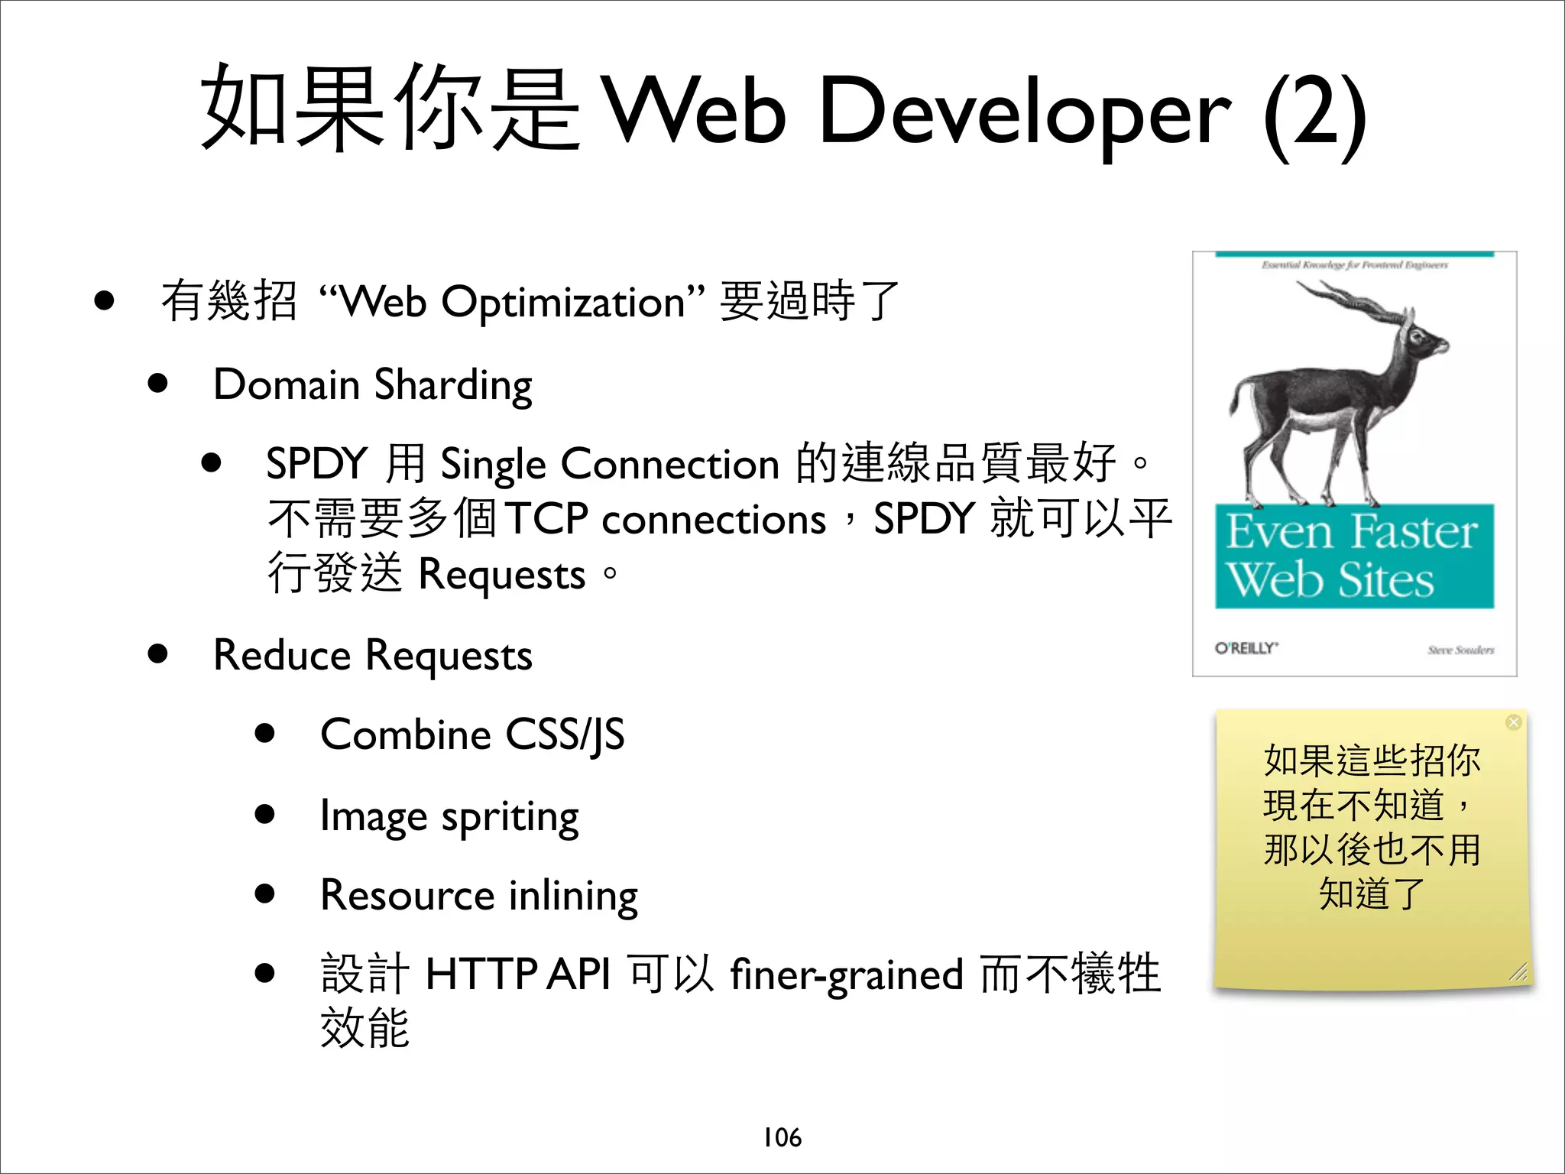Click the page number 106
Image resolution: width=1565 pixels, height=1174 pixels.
[782, 1137]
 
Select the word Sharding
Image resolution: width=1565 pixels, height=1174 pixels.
[453, 385]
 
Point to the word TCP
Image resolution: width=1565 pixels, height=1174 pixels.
[546, 519]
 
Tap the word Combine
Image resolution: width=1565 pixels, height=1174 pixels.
[405, 735]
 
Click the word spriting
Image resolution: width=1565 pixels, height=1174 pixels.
[510, 818]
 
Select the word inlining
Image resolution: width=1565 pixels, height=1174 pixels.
[573, 897]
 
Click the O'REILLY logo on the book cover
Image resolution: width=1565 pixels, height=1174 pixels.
[1246, 648]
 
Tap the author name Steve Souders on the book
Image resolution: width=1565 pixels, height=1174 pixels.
[1460, 650]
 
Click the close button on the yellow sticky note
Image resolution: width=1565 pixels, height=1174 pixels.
[1513, 722]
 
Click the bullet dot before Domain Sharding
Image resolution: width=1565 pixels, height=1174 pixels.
[158, 383]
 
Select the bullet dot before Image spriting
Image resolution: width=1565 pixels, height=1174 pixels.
[265, 814]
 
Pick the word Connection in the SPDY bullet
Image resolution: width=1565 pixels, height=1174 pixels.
[670, 464]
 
